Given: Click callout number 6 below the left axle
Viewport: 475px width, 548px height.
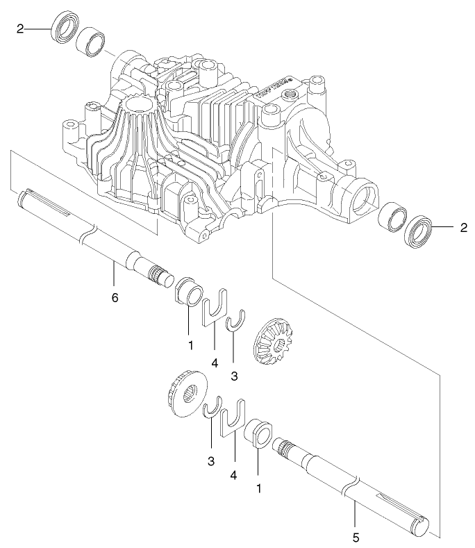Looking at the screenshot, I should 115,297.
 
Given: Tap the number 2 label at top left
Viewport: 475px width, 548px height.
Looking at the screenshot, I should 20,28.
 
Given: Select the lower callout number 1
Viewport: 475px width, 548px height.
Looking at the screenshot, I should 259,488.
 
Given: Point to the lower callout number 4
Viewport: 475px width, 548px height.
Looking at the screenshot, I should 234,475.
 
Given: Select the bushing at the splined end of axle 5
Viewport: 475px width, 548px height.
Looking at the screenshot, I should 258,432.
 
